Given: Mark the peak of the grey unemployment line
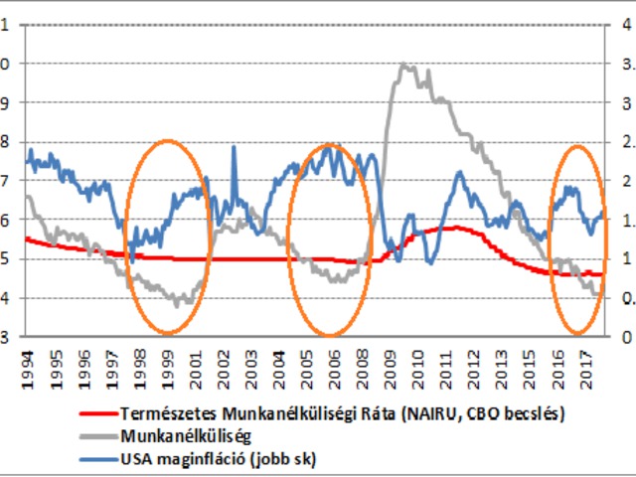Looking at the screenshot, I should coord(402,66).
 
